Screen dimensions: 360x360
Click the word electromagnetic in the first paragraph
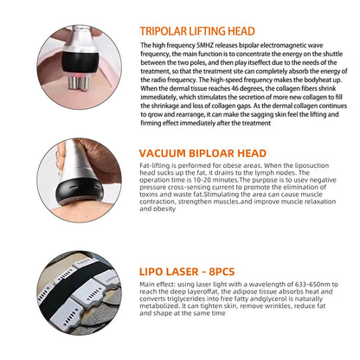[283, 44]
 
